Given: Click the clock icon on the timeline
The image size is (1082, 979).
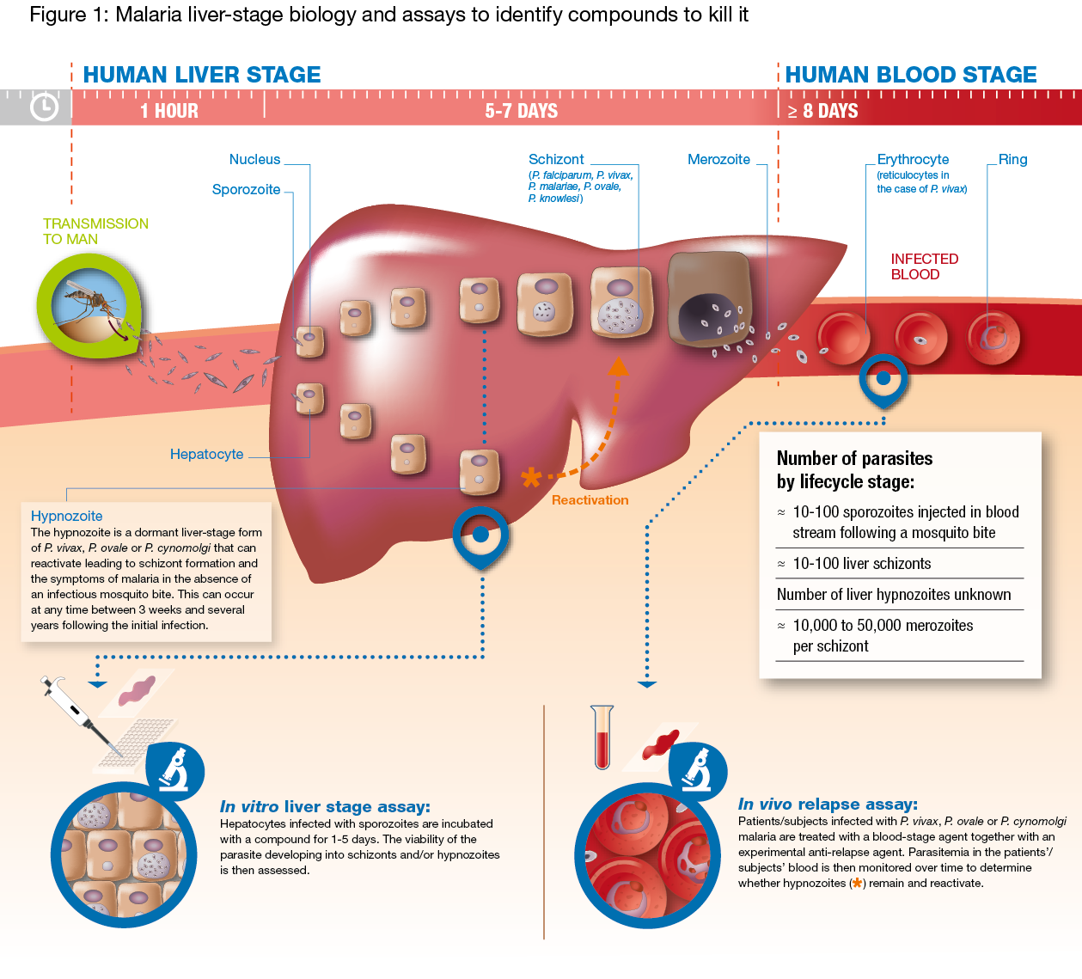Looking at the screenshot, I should pyautogui.click(x=44, y=107).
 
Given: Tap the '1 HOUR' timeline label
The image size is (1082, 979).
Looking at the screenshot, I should pyautogui.click(x=169, y=111).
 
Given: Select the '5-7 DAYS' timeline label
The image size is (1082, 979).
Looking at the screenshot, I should pyautogui.click(x=521, y=111).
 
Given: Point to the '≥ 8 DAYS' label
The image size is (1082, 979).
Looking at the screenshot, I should pyautogui.click(x=822, y=111).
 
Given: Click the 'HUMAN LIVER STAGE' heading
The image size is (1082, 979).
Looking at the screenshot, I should pyautogui.click(x=202, y=75).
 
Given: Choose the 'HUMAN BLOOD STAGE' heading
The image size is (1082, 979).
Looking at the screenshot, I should pyautogui.click(x=911, y=75).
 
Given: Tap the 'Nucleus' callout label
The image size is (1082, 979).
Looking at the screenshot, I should pyautogui.click(x=254, y=160).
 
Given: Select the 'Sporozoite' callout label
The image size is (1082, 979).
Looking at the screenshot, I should pyautogui.click(x=246, y=190).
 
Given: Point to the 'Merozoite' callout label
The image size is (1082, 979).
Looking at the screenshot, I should pyautogui.click(x=718, y=160).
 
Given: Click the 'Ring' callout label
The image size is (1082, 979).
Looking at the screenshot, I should pyautogui.click(x=1012, y=160).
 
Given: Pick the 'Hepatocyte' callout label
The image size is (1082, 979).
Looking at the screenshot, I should pyautogui.click(x=206, y=455).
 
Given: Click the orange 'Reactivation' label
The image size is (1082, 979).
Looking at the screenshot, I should pyautogui.click(x=590, y=500).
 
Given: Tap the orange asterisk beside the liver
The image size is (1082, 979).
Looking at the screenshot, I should pyautogui.click(x=532, y=477).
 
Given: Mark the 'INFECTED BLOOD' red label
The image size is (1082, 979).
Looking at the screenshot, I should pyautogui.click(x=924, y=266).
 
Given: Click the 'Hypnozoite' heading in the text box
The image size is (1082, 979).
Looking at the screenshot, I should pyautogui.click(x=66, y=517).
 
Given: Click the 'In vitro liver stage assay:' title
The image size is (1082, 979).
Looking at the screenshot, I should pyautogui.click(x=325, y=807).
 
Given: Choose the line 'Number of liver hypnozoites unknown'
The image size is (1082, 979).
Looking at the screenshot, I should pyautogui.click(x=894, y=595).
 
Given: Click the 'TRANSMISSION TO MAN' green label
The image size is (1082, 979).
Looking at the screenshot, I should pyautogui.click(x=95, y=231).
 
